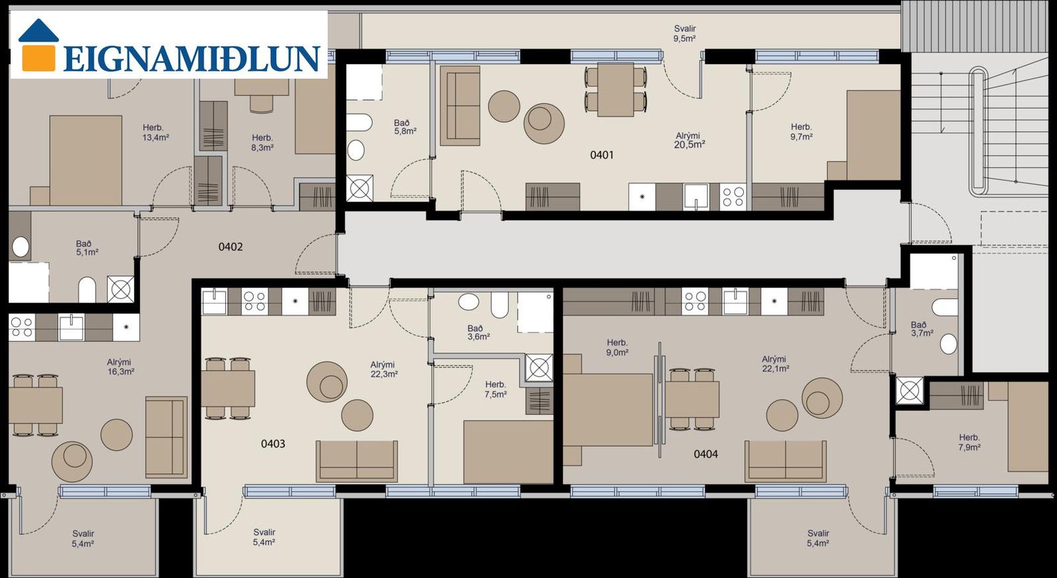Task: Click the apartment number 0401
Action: (x=601, y=155)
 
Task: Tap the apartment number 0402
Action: (x=230, y=247)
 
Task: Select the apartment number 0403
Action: (x=273, y=444)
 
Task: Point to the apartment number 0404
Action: (x=705, y=454)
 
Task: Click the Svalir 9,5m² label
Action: (x=685, y=33)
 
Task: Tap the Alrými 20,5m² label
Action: (x=689, y=140)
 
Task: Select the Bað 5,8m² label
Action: (x=405, y=127)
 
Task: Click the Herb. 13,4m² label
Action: (x=156, y=133)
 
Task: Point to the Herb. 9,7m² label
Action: (x=801, y=132)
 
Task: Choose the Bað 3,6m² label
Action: (x=478, y=333)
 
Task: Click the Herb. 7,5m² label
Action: (x=496, y=389)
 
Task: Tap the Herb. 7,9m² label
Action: (x=969, y=443)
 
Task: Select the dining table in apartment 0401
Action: (x=615, y=90)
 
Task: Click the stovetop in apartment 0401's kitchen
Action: (x=733, y=197)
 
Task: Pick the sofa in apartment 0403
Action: (x=357, y=461)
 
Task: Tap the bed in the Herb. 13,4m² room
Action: (x=85, y=161)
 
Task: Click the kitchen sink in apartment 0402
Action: (x=71, y=327)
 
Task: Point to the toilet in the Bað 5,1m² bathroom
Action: (x=87, y=289)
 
